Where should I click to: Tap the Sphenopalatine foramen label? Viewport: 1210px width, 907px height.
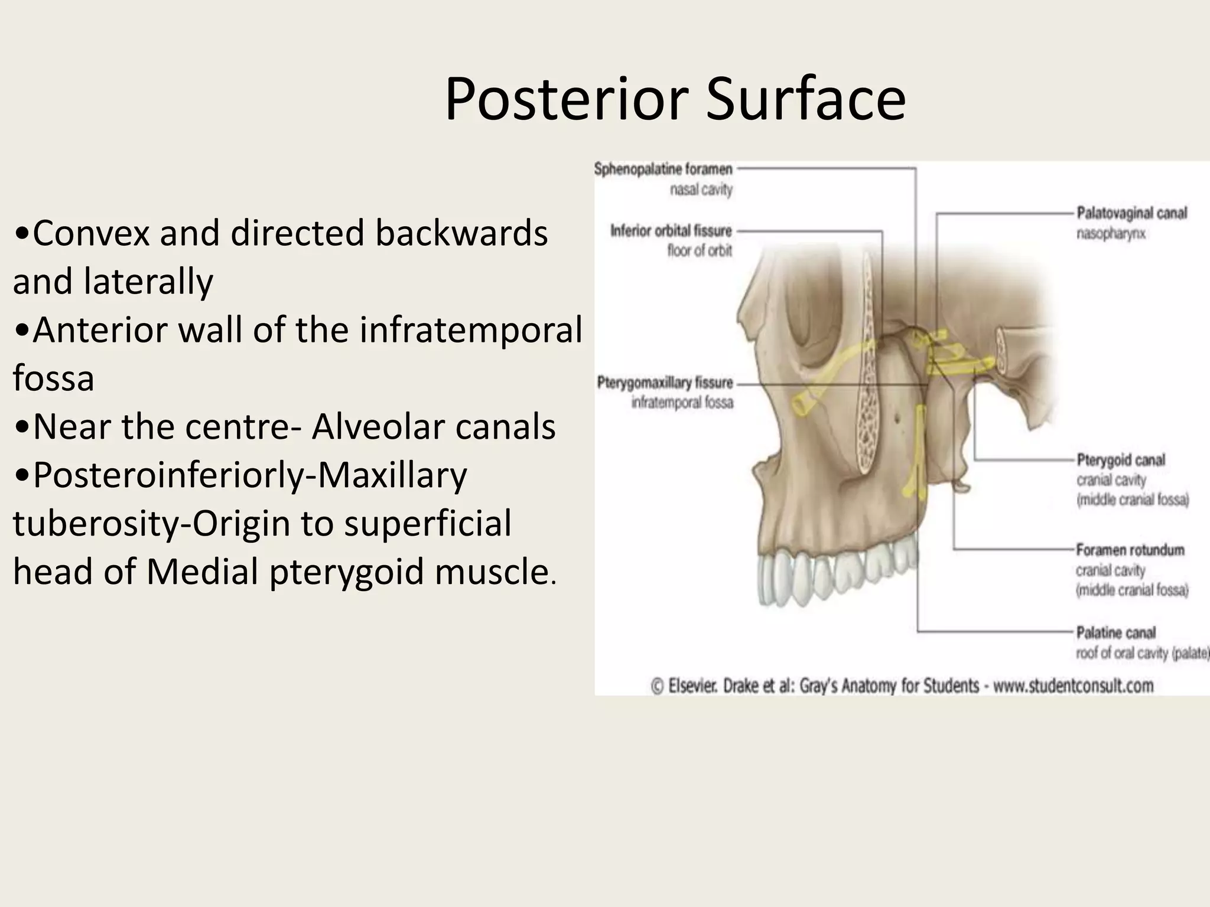point(663,169)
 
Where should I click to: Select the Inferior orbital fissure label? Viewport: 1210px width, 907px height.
point(671,230)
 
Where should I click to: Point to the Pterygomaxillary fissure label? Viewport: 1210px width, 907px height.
point(665,383)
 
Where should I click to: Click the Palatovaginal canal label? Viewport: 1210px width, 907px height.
point(1131,213)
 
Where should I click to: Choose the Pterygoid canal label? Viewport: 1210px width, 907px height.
point(1120,460)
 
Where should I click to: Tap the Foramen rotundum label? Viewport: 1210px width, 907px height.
point(1130,550)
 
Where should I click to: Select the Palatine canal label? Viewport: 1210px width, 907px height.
point(1115,633)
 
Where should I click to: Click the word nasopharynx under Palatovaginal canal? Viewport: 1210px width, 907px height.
point(1111,234)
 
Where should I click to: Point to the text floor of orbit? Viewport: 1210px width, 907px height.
point(700,251)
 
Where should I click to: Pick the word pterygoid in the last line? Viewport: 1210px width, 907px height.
point(347,572)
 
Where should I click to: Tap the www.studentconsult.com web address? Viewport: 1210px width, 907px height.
point(1073,686)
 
